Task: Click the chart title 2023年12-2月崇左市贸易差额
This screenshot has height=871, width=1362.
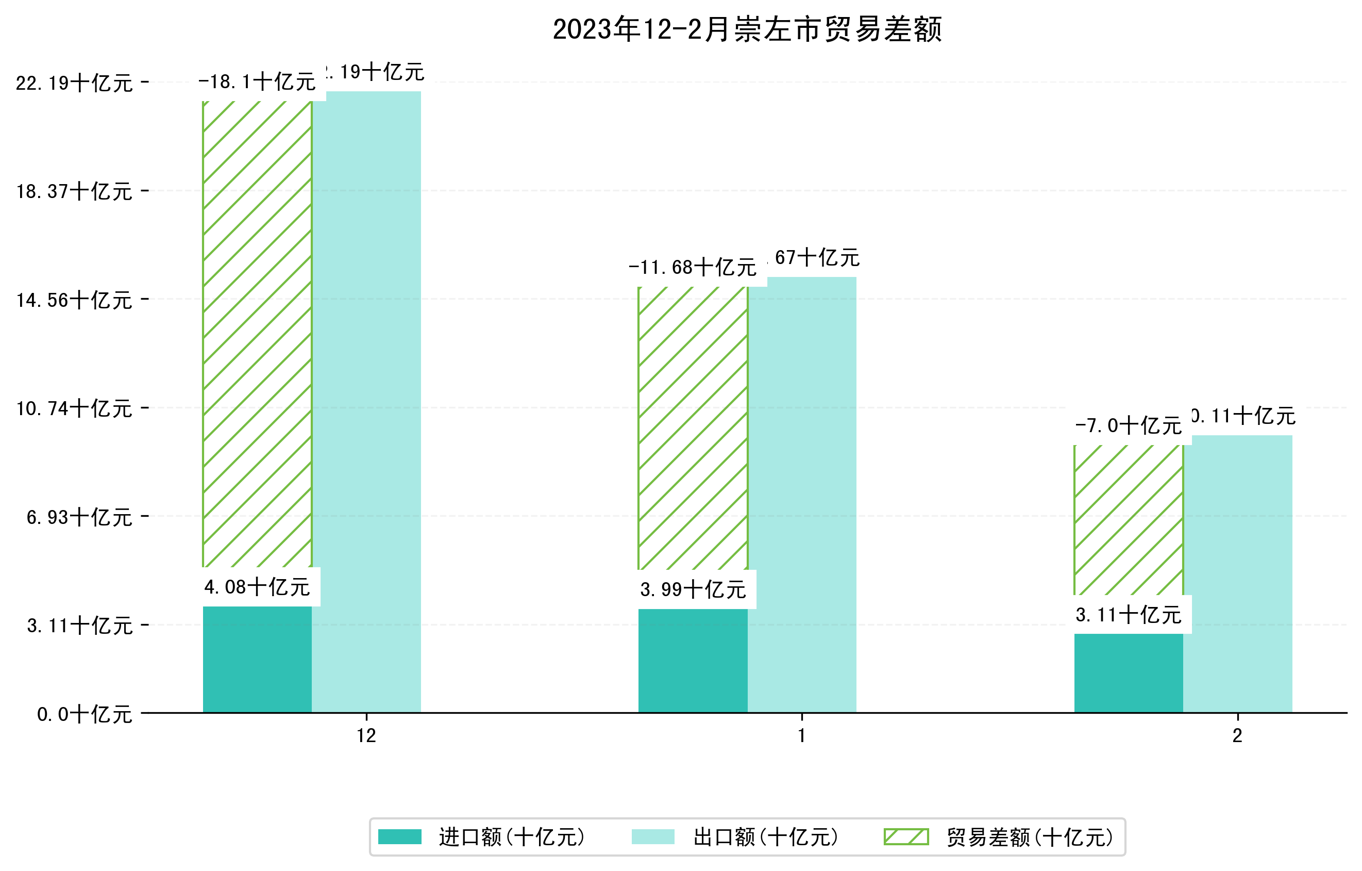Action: tap(747, 29)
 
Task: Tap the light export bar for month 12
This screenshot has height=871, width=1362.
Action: tap(366, 402)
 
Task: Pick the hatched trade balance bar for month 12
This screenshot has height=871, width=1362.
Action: tap(257, 334)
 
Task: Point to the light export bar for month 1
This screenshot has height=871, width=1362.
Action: tap(802, 495)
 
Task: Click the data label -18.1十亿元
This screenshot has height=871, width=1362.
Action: tap(257, 82)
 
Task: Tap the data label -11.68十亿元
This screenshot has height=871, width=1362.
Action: tap(692, 267)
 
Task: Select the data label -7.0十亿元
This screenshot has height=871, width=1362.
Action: tap(1129, 425)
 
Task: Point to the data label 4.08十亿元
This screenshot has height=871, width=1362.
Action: tap(257, 587)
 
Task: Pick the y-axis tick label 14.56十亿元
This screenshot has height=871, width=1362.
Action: tap(74, 300)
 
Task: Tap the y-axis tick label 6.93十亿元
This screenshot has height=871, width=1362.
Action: tap(79, 517)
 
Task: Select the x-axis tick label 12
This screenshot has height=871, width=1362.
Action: tap(366, 736)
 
